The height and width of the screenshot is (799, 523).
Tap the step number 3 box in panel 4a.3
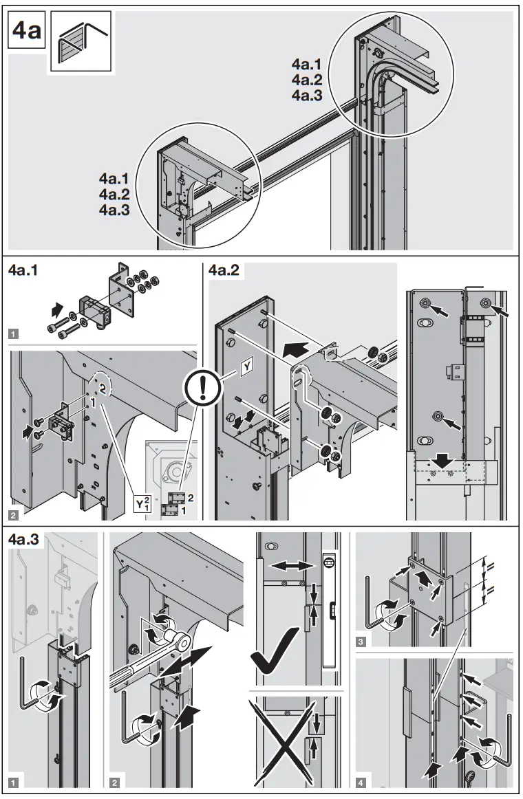pyautogui.click(x=362, y=642)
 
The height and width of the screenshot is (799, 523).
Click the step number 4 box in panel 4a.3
pyautogui.click(x=362, y=781)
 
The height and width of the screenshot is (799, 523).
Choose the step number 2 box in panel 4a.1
pyautogui.click(x=14, y=512)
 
